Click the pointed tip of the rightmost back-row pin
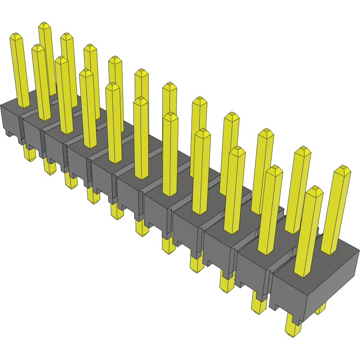[x=344, y=170]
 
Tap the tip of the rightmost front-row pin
[x=315, y=190]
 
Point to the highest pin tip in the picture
[x=44, y=25]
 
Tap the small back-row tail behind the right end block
[x=321, y=309]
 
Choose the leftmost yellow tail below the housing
[x=29, y=154]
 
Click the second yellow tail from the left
[x=49, y=167]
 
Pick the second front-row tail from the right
[x=259, y=302]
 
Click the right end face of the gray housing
[x=333, y=284]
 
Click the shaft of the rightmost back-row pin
[x=336, y=212]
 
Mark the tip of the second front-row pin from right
[x=274, y=170]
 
